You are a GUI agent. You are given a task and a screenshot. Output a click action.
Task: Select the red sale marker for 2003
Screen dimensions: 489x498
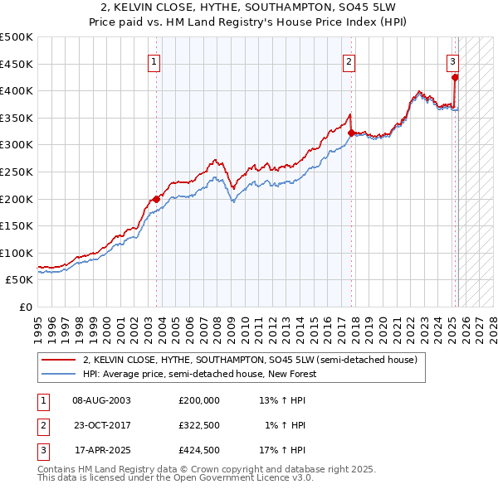[x=156, y=199]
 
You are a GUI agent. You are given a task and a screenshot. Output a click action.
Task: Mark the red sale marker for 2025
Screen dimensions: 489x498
[x=455, y=78]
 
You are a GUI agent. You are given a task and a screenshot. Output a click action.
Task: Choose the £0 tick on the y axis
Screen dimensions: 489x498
[x=24, y=307]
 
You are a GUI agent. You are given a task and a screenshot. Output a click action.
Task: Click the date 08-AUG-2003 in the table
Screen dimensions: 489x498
[x=101, y=399]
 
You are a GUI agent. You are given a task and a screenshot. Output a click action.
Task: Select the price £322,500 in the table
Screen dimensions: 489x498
[x=199, y=425]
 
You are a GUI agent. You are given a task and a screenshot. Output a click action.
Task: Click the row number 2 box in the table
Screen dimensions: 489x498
[x=42, y=425]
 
